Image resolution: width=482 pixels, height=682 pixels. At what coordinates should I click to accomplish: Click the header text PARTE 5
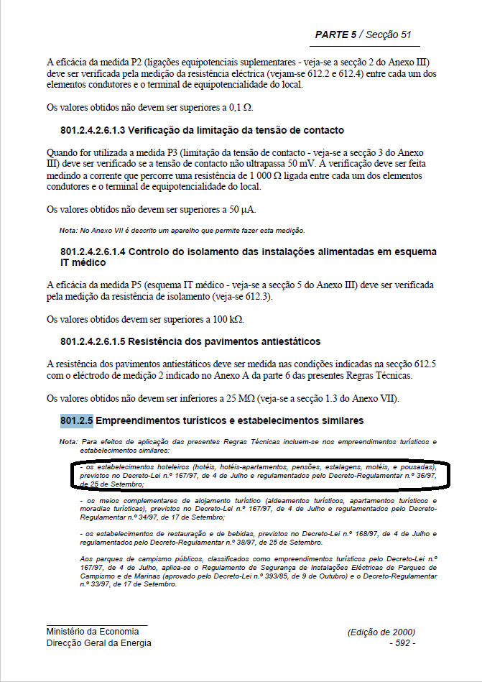click(335, 34)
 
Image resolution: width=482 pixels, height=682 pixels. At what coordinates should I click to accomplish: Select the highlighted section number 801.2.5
click(77, 420)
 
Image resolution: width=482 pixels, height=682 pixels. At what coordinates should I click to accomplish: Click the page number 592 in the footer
click(402, 643)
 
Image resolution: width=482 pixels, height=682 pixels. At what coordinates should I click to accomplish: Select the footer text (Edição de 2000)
click(381, 632)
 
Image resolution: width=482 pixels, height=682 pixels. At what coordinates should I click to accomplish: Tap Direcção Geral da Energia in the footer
click(99, 643)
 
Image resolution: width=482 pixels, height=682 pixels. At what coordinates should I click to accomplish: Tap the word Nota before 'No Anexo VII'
click(68, 230)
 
